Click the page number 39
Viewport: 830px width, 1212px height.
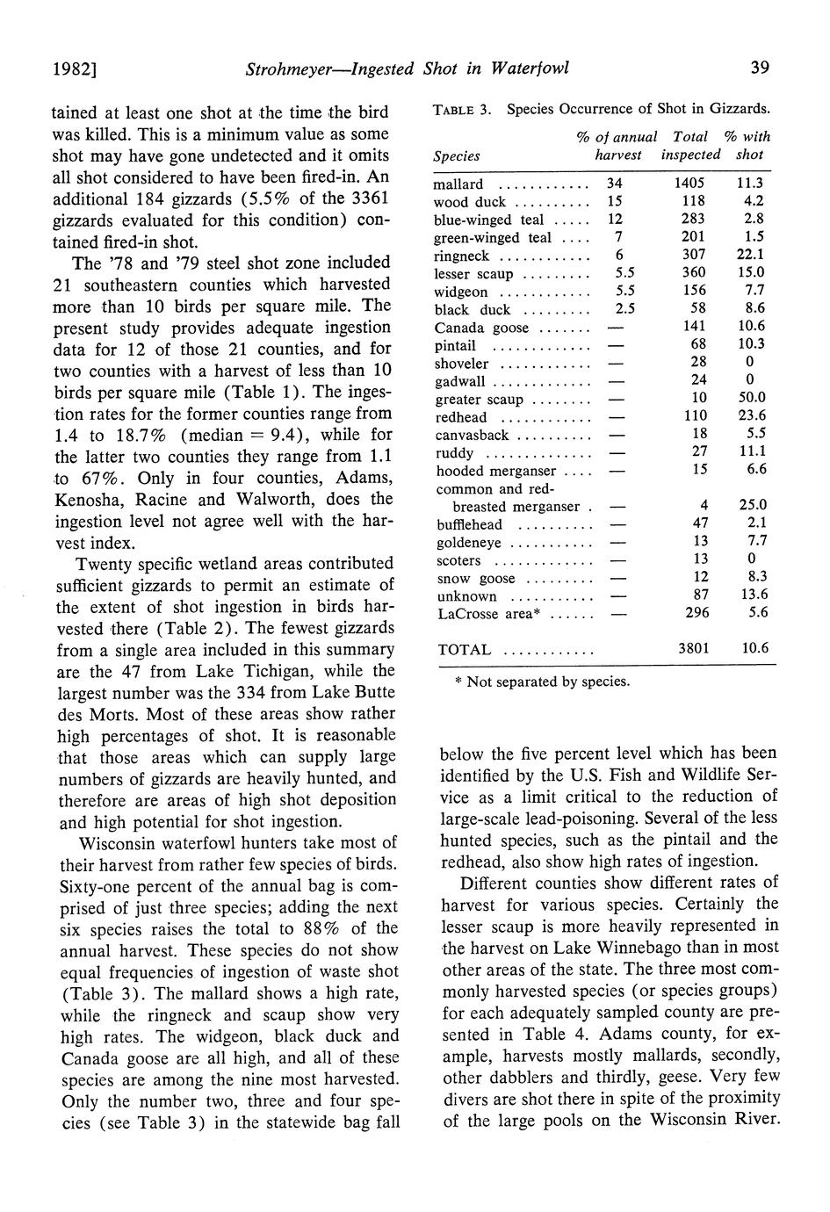click(761, 68)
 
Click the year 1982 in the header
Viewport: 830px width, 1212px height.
click(73, 69)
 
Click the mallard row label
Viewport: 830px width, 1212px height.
click(458, 184)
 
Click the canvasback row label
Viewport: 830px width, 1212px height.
click(472, 435)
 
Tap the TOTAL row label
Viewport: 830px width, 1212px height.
click(464, 650)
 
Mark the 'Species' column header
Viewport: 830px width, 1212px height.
click(457, 155)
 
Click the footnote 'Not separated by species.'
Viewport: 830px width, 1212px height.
click(549, 681)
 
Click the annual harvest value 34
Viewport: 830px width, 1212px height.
click(614, 184)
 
